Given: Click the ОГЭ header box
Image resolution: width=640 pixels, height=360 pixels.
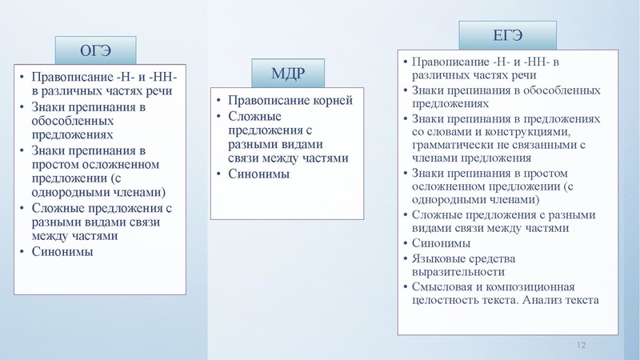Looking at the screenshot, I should pyautogui.click(x=95, y=50).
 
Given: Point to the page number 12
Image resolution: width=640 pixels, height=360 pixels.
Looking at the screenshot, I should pyautogui.click(x=582, y=344).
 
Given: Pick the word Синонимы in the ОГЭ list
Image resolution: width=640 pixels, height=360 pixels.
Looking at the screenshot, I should pyautogui.click(x=62, y=252).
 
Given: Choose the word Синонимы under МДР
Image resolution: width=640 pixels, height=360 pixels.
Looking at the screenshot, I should pyautogui.click(x=259, y=174).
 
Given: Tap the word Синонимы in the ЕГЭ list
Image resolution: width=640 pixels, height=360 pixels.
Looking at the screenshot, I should pyautogui.click(x=441, y=242).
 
